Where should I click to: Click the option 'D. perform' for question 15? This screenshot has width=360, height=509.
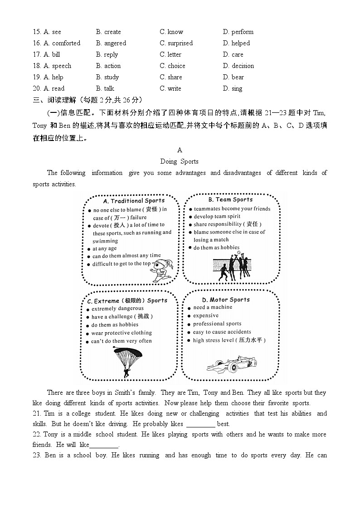point(238,32)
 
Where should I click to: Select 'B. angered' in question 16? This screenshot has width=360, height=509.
point(111,43)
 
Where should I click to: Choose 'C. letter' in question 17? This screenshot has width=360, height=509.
point(170,54)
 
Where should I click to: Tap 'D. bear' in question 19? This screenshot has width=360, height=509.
point(234,77)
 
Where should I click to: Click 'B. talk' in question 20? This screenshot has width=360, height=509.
point(105,88)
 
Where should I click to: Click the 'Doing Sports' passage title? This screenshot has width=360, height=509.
point(180,161)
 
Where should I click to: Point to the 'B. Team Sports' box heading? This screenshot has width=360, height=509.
point(230,199)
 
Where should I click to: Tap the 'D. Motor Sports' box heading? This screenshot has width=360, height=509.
point(226,300)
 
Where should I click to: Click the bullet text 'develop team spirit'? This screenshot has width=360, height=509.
point(217,217)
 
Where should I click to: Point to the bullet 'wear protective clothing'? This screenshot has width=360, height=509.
point(122,333)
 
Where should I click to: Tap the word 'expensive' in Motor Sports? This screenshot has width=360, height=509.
point(206,315)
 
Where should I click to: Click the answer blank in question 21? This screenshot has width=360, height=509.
point(201,425)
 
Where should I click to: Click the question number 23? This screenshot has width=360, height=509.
point(37,455)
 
